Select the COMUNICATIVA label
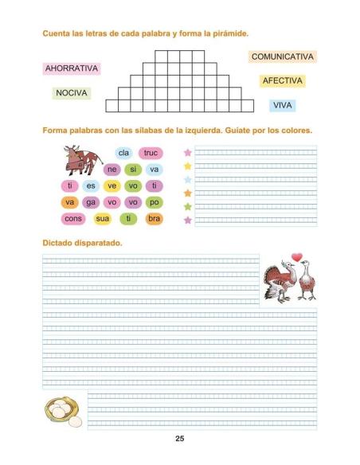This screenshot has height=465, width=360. coord(283,57)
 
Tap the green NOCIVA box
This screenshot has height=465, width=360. coord(71,93)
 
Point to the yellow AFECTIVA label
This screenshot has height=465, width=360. coord(283,81)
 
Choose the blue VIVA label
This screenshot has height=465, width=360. coord(283,105)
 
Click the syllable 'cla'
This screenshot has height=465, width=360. coord(123,153)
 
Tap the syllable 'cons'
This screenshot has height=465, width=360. coord(72,218)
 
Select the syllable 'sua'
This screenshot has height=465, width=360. coord(102,218)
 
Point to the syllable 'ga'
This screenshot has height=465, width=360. coord(90,202)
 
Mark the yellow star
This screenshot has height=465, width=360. coord(188,166)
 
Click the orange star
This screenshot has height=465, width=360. coord(188,193)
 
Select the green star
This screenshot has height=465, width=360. coord(188,206)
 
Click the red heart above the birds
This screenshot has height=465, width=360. coord(297,256)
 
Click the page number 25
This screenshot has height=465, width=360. coord(180,439)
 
